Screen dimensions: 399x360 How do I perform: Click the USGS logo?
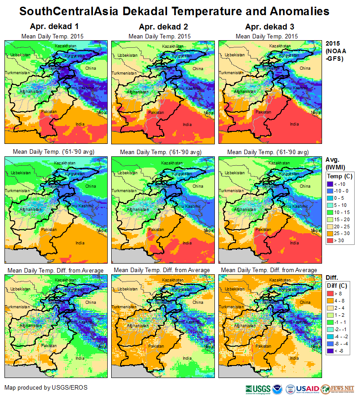pyautogui.click(x=258, y=389)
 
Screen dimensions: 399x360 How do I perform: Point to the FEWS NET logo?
pyautogui.click(x=343, y=389)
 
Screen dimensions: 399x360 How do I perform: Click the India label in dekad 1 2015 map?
pyautogui.click(x=80, y=124)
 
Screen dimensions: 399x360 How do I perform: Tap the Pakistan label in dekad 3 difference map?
pyautogui.click(x=263, y=346)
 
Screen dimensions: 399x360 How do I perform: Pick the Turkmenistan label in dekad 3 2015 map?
pyautogui.click(x=231, y=72)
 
